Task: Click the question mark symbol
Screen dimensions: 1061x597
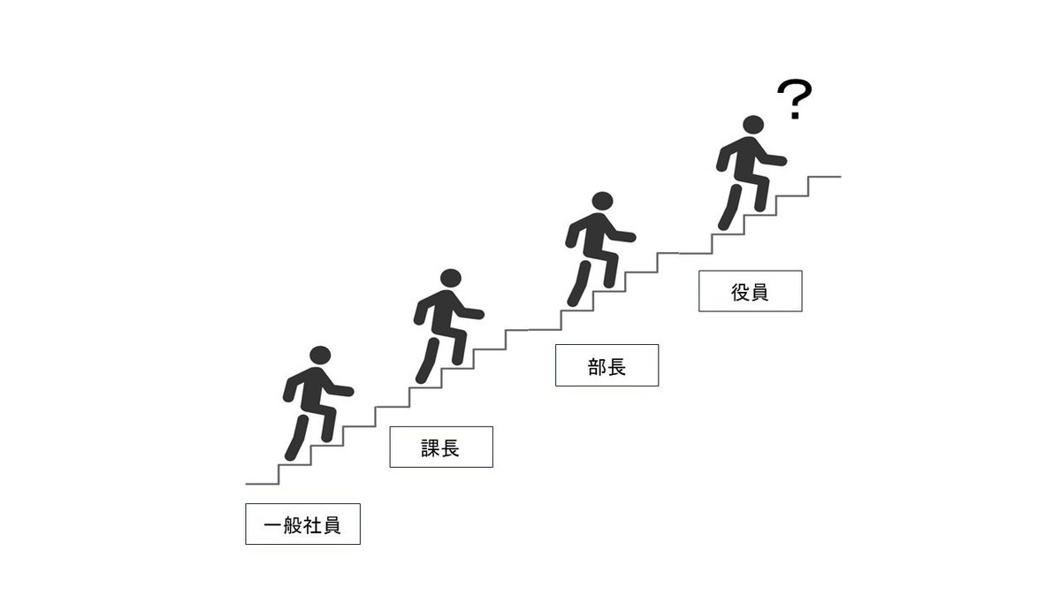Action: pos(794,100)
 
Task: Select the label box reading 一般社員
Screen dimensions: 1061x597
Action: pos(302,524)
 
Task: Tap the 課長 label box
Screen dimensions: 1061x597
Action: pos(440,448)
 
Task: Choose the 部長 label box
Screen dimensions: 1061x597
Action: pos(607,366)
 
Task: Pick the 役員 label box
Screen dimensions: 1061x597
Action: pos(750,291)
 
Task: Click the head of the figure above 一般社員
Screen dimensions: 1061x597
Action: pos(319,356)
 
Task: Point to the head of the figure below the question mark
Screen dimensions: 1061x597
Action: pos(752,125)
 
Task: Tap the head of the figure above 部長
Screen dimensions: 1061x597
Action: pos(601,201)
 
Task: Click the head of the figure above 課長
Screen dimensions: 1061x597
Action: pos(450,278)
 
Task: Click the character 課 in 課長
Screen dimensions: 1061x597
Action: pos(430,448)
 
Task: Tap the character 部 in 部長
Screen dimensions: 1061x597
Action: pos(596,367)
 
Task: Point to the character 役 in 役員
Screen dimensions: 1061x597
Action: pos(740,292)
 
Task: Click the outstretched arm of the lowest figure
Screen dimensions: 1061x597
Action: pos(340,389)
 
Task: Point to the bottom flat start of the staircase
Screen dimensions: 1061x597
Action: pos(262,484)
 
